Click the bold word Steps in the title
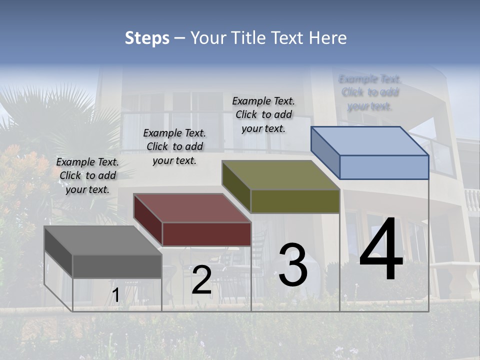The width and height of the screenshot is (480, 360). tap(147, 38)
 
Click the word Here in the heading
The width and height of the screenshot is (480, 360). tap(328, 38)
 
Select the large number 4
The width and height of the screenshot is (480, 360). tap(381, 250)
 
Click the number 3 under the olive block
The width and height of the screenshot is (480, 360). tap(293, 265)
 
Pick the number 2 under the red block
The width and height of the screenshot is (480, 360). tap(201, 280)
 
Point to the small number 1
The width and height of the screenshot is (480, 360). tap(115, 295)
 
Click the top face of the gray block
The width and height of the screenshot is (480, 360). tap(102, 240)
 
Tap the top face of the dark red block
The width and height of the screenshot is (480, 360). tap(192, 208)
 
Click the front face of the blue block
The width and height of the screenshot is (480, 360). tap(384, 167)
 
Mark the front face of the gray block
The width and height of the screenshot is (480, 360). tap(117, 266)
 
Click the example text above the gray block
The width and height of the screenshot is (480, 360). tap(87, 175)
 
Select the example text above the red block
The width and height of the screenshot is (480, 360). tap(174, 146)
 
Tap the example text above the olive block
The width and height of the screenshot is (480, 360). tap(263, 114)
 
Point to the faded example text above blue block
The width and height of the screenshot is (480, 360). tap(370, 92)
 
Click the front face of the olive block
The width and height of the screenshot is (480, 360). tap(295, 201)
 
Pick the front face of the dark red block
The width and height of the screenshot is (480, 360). tap(206, 234)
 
